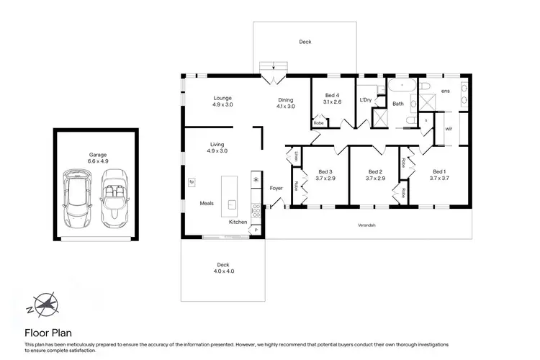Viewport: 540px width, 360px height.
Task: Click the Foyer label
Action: pos(276,189)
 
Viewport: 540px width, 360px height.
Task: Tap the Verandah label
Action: pos(367,225)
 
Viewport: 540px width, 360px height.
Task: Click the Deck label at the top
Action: pos(305,42)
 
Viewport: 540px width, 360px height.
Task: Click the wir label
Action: pos(449,129)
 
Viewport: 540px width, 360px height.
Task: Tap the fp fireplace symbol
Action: pos(192,182)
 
